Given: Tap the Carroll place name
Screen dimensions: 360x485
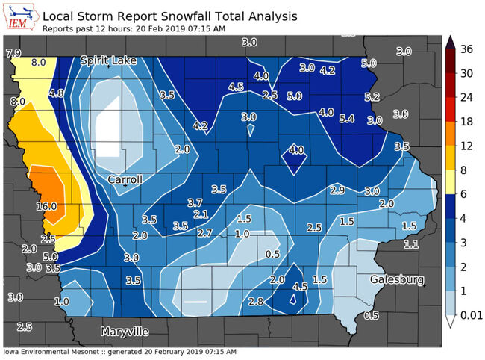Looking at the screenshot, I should pyautogui.click(x=125, y=180).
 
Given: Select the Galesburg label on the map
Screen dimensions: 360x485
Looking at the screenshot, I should pyautogui.click(x=398, y=279).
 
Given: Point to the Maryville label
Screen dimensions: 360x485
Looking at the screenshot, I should pyautogui.click(x=125, y=330).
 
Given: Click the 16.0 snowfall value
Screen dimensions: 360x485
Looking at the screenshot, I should pyautogui.click(x=46, y=205).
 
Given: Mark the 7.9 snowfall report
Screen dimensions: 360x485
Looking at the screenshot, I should pyautogui.click(x=13, y=53).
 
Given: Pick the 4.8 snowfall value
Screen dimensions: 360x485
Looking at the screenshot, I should pyautogui.click(x=56, y=93).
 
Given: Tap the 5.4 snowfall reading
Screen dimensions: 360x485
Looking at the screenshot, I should pyautogui.click(x=346, y=119).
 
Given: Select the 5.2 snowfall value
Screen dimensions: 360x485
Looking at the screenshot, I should pyautogui.click(x=372, y=97).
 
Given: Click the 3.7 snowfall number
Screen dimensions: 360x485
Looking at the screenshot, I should pyautogui.click(x=195, y=202).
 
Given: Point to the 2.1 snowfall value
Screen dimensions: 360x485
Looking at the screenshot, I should pyautogui.click(x=200, y=214).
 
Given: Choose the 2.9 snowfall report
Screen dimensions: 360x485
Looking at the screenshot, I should pyautogui.click(x=337, y=191).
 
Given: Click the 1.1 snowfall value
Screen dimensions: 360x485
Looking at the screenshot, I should pyautogui.click(x=411, y=244).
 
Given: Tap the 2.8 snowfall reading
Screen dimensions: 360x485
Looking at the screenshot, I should pyautogui.click(x=255, y=301).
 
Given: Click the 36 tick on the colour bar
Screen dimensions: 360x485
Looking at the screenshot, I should pyautogui.click(x=467, y=50).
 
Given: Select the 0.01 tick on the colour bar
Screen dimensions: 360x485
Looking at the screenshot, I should pyautogui.click(x=472, y=317).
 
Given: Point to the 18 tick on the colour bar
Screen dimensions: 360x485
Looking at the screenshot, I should pyautogui.click(x=467, y=122).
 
